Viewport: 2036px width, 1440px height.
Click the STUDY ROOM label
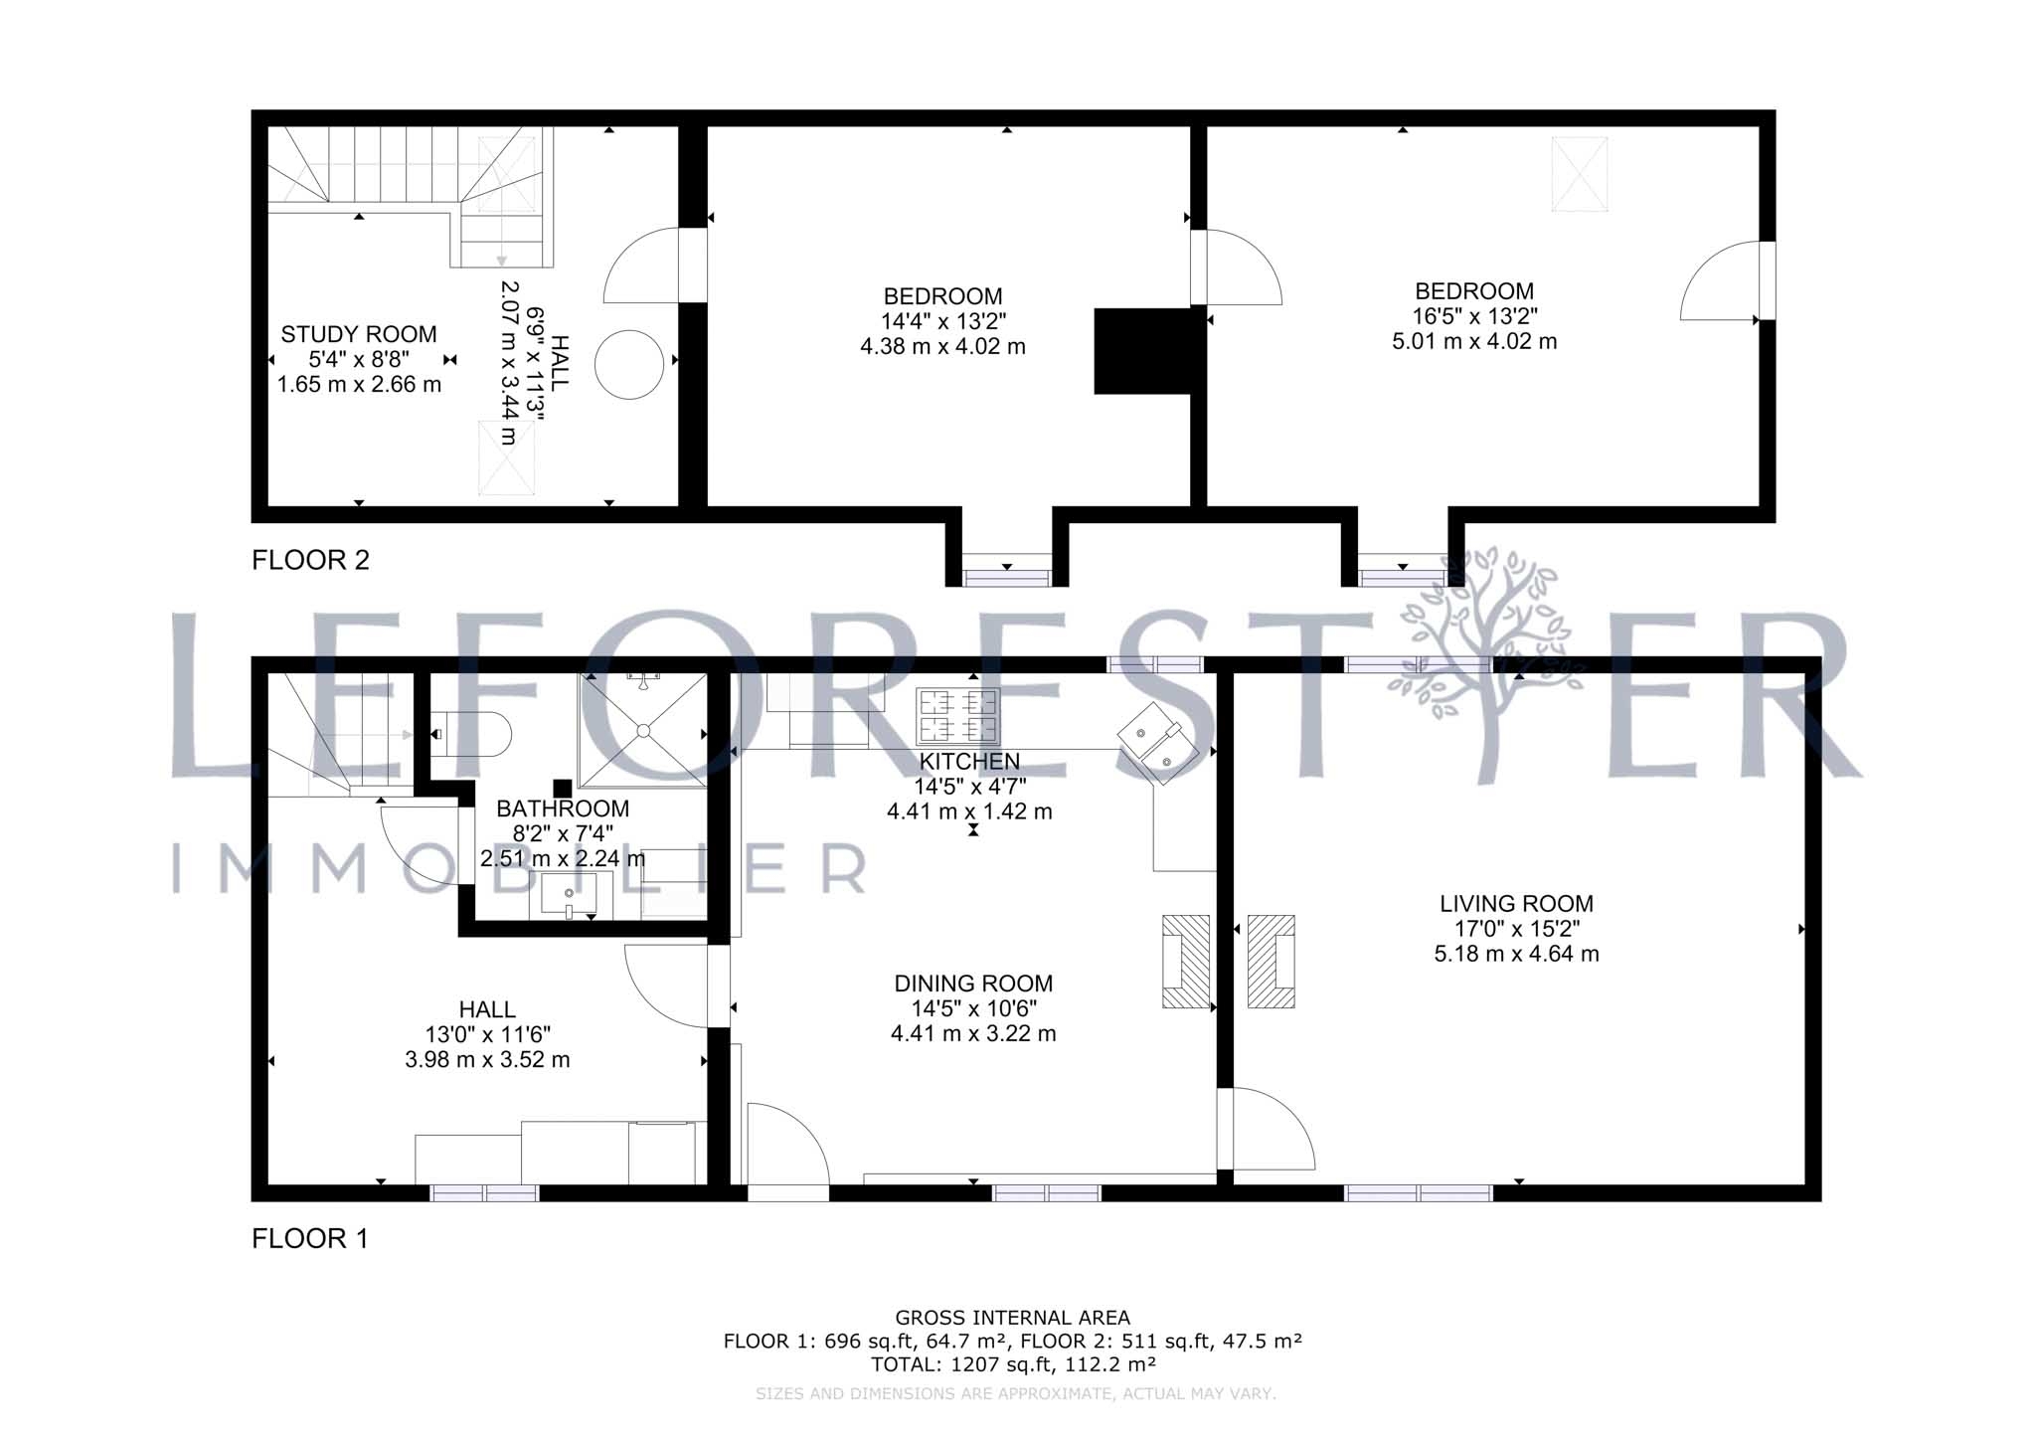tap(359, 334)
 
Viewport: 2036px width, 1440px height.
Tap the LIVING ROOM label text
tap(1516, 904)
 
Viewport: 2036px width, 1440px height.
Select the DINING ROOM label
tap(973, 984)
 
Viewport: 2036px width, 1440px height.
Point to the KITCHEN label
tap(969, 762)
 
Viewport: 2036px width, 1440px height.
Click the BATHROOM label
tap(563, 809)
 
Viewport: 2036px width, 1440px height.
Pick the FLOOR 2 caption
tap(310, 561)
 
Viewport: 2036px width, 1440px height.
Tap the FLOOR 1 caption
tap(310, 1239)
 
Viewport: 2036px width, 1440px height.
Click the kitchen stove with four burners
tap(958, 716)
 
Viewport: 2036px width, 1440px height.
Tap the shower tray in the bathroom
tap(643, 731)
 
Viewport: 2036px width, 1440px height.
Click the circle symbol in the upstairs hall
tap(628, 364)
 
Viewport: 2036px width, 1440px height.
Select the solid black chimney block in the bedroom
tap(1143, 351)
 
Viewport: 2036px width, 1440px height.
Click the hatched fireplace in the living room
tap(1272, 961)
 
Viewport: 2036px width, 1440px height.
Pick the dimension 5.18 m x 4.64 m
tap(1516, 955)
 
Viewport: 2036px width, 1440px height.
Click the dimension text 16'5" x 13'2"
tap(1474, 316)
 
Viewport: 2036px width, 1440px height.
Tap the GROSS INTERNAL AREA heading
tap(1013, 1319)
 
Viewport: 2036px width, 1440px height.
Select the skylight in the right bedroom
tap(1580, 174)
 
